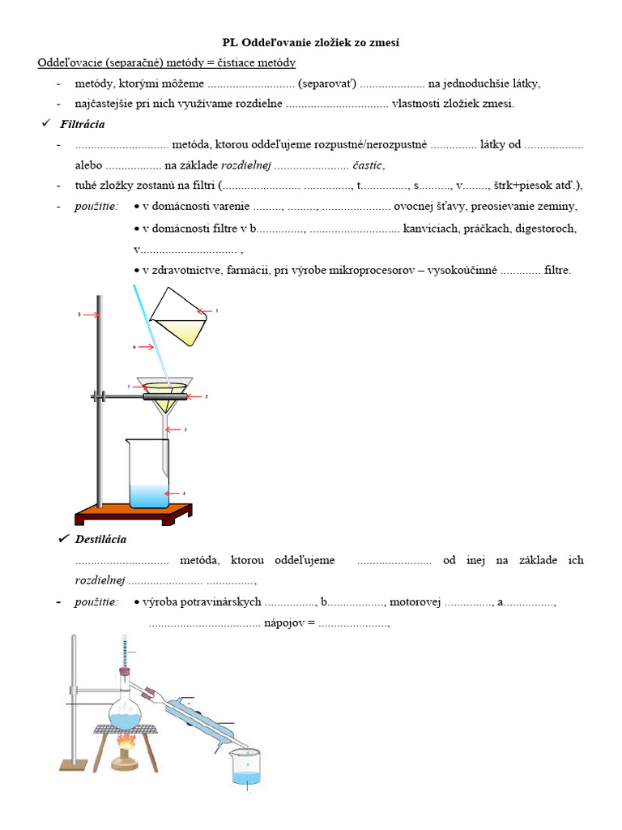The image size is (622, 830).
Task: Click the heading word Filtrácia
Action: coord(82,125)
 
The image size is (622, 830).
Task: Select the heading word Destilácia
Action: coord(100,539)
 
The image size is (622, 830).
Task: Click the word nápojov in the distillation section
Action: coord(283,623)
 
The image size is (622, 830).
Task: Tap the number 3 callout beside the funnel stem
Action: coord(185,430)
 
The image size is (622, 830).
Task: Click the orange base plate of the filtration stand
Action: coord(134,514)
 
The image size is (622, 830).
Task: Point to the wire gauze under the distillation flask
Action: coord(126,729)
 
